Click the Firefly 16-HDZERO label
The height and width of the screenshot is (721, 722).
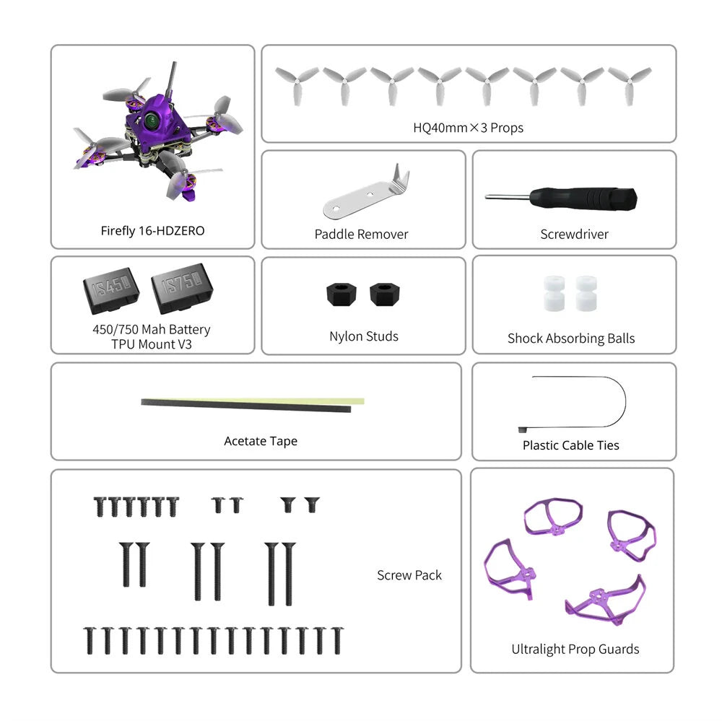coord(152,231)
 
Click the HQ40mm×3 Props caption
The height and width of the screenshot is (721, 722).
coord(468,128)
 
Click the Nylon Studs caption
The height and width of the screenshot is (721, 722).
coord(363,336)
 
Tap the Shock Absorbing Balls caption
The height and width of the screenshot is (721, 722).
coord(571,338)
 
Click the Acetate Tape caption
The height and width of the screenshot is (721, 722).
coord(261,441)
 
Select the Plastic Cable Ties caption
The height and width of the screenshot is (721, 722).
coord(570,445)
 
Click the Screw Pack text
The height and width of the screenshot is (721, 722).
coord(409,575)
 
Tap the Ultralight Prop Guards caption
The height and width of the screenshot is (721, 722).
coord(575,650)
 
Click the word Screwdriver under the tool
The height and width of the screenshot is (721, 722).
coord(574,234)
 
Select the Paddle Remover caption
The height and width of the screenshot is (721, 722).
coord(361,234)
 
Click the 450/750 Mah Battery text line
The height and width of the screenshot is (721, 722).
coord(152,330)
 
